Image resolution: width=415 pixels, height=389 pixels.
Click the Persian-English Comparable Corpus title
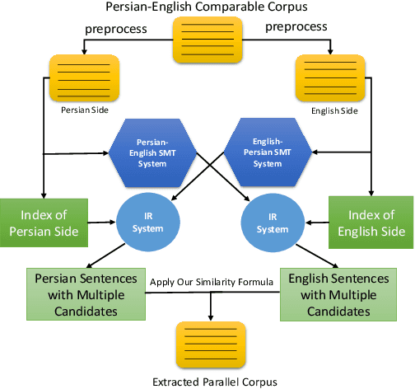pyautogui.click(x=207, y=7)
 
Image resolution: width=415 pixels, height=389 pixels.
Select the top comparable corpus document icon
pyautogui.click(x=207, y=40)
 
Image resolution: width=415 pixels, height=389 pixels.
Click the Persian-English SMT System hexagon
pyautogui.click(x=154, y=152)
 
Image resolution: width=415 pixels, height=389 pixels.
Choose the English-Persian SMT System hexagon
pyautogui.click(x=260, y=152)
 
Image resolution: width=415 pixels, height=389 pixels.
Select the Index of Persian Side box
pyautogui.click(x=41, y=222)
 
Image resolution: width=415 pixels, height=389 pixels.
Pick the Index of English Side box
pyautogui.click(x=371, y=222)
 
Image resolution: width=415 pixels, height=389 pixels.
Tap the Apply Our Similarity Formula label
pyautogui.click(x=211, y=283)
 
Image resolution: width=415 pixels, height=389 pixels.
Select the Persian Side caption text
pyautogui.click(x=85, y=108)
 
